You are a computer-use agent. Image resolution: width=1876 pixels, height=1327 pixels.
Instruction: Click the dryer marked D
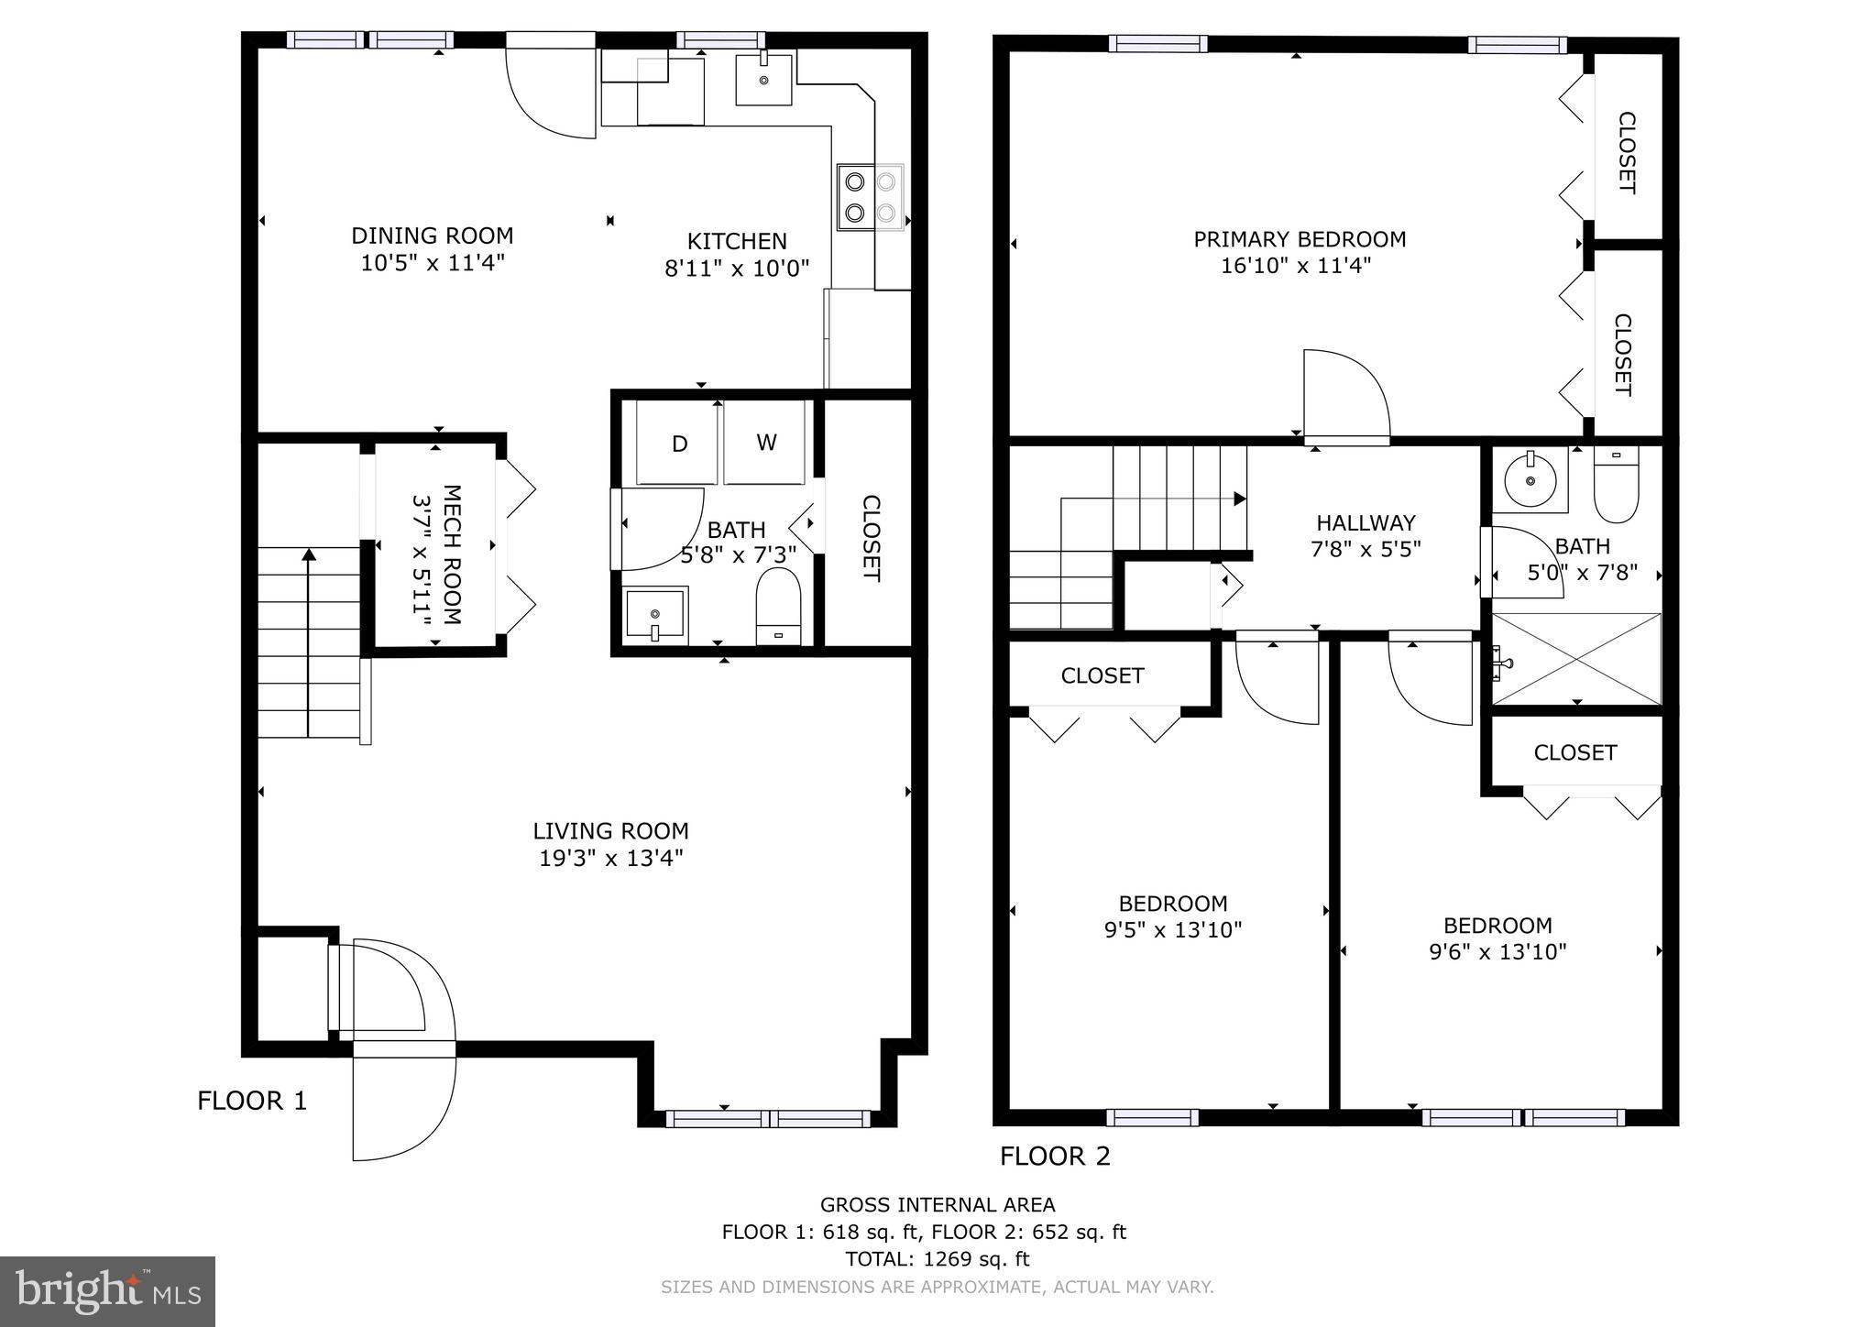coord(678,444)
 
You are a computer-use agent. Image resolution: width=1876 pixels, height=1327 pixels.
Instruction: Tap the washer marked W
coord(765,443)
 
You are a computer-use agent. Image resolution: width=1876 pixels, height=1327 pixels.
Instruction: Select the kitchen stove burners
coord(870,197)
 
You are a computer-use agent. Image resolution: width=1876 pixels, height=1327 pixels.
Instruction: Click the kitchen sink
coord(763,79)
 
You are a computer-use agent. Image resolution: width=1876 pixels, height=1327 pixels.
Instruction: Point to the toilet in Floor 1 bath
coord(778,605)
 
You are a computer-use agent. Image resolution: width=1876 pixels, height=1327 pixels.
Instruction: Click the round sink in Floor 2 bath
coord(1530,479)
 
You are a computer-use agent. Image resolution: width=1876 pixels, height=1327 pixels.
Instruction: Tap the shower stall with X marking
coord(1576,658)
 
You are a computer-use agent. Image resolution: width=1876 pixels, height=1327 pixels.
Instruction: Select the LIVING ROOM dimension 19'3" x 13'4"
coord(611,859)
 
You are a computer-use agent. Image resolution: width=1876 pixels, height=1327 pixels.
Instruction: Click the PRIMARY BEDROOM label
coord(1299,239)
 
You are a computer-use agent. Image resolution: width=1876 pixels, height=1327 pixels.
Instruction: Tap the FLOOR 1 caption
coord(252,1101)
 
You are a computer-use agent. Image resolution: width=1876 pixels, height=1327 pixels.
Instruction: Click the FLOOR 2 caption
coord(1055,1157)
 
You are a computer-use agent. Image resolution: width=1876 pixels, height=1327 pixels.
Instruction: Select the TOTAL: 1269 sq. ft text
coord(937,1259)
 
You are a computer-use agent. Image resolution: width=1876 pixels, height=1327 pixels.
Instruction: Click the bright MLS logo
coord(107,1292)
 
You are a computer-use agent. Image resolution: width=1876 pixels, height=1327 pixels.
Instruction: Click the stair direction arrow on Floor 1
coord(309,554)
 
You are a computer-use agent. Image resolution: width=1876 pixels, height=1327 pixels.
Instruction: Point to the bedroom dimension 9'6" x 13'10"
coord(1498,952)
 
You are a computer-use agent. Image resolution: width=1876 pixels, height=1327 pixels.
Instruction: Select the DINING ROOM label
coord(432,236)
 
